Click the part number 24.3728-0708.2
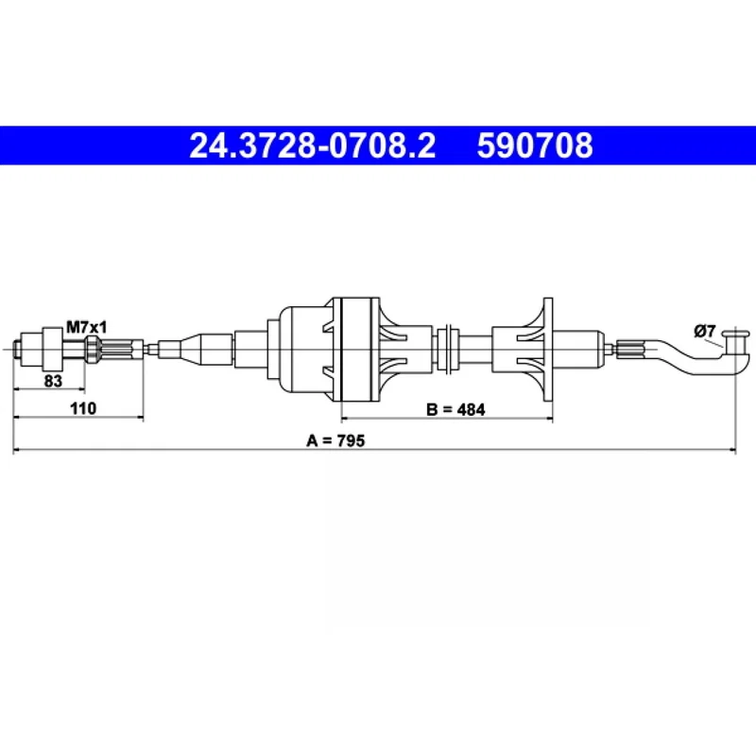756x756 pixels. point(313,146)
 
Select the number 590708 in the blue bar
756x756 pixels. point(535,146)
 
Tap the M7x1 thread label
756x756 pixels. point(86,327)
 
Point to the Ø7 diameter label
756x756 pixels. point(704,332)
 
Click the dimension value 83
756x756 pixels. point(53,381)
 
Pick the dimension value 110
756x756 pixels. point(83,408)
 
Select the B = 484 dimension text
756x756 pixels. point(455,410)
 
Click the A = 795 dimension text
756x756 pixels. point(335,440)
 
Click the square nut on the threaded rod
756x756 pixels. point(53,348)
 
